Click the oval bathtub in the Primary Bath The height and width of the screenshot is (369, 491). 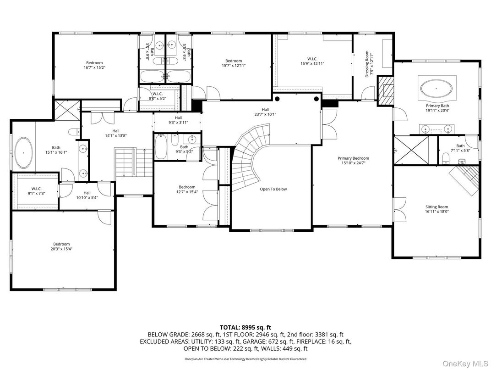(436, 89)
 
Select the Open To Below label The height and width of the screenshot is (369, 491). (273, 189)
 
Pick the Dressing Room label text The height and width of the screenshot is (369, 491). (367, 64)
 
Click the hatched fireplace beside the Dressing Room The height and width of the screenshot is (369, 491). (384, 91)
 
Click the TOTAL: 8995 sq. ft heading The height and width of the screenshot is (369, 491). (245, 327)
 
